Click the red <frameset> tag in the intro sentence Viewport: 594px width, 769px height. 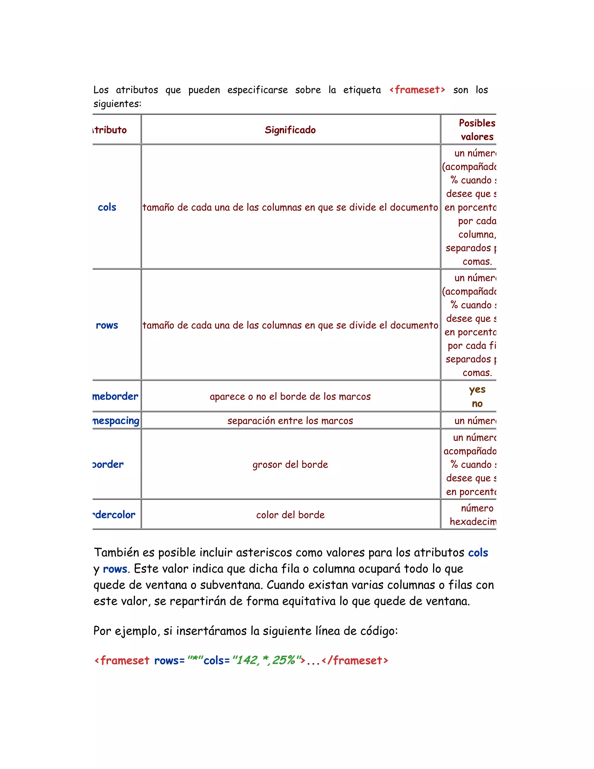point(417,90)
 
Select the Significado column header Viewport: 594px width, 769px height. point(290,130)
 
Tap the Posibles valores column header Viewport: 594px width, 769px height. point(477,130)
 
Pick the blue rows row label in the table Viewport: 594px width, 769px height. point(107,325)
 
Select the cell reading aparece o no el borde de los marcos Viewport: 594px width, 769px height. point(290,396)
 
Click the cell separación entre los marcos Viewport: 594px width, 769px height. point(290,420)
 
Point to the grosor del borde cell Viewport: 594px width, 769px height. point(290,464)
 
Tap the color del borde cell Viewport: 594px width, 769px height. point(290,515)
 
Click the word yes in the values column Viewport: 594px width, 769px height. point(477,389)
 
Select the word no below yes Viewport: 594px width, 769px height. point(477,404)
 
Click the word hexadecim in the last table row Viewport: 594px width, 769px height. point(472,521)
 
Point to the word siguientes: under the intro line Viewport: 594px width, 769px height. point(117,104)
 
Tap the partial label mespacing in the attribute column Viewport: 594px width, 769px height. point(116,420)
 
